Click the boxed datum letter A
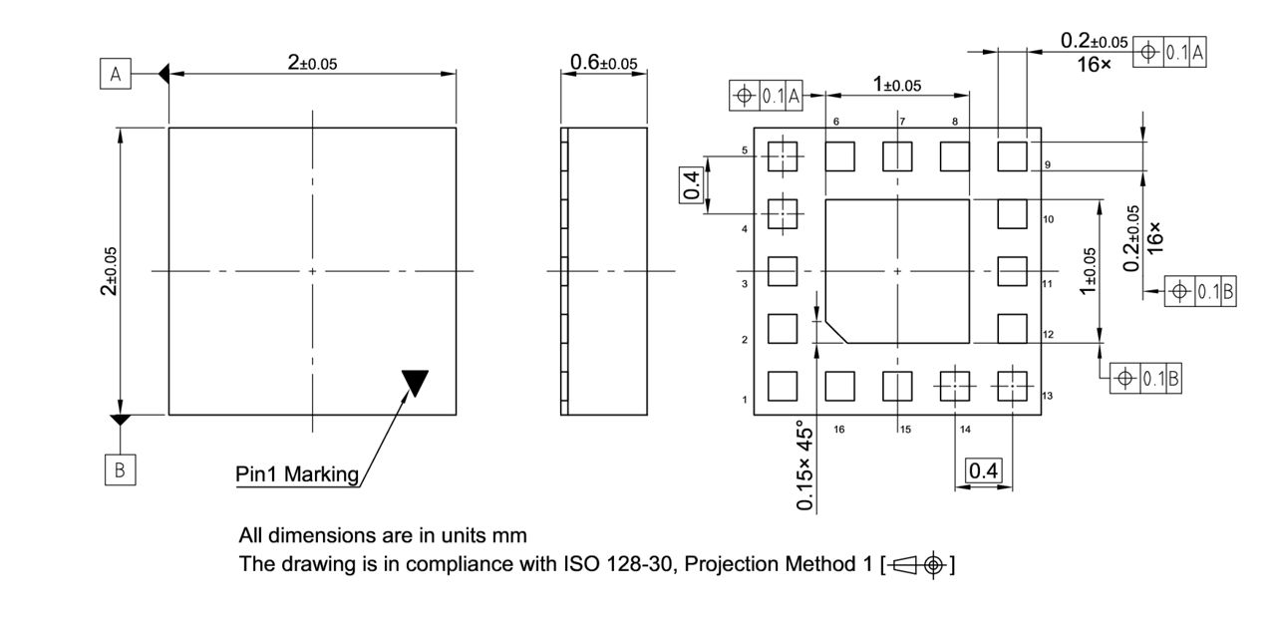[x=116, y=75]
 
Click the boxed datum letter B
[x=120, y=470]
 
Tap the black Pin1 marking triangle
[x=415, y=382]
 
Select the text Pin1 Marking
[x=297, y=474]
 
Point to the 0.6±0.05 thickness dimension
[x=603, y=63]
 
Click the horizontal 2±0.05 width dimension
[x=312, y=63]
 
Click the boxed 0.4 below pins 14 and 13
[x=984, y=470]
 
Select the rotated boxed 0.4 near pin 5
[x=691, y=184]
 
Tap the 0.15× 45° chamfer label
[x=805, y=465]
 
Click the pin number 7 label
[x=901, y=122]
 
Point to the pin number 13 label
[x=1047, y=397]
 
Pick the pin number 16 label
[x=839, y=430]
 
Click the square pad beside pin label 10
[x=1012, y=213]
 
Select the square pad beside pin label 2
[x=783, y=328]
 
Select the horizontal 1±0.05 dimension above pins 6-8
[x=897, y=85]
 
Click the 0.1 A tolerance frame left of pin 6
[x=767, y=96]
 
